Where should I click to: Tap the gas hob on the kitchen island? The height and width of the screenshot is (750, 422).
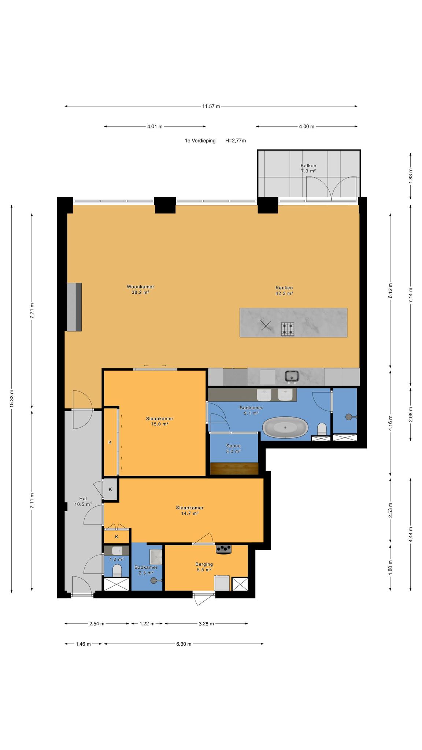[x=288, y=328]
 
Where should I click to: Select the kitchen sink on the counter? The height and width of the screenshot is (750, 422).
[x=292, y=376]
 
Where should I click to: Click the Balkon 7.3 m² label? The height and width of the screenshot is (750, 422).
[x=308, y=168]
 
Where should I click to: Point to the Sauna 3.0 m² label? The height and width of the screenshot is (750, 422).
[x=233, y=449]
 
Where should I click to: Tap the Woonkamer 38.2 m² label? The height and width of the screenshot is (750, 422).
[x=140, y=290]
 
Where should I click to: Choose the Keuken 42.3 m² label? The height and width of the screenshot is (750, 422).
[x=284, y=290]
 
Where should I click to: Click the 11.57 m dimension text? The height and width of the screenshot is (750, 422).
[x=211, y=107]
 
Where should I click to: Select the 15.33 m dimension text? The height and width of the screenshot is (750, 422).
[x=12, y=398]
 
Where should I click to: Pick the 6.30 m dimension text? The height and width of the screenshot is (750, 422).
[x=184, y=654]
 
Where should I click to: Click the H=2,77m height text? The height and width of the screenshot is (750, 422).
[x=236, y=141]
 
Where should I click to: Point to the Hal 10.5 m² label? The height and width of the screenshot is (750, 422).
[x=83, y=501]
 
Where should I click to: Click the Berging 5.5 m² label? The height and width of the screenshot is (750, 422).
[x=204, y=567]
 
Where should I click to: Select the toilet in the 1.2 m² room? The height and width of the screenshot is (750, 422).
[x=117, y=570]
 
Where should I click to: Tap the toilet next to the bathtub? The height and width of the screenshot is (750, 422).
[x=322, y=429]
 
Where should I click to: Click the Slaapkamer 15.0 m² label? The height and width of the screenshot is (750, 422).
[x=159, y=421]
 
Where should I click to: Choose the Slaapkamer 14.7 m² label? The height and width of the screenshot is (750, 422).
[x=189, y=510]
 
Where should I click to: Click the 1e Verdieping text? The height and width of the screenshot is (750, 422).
[x=200, y=141]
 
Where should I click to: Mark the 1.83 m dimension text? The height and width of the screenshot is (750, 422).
[x=411, y=175]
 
